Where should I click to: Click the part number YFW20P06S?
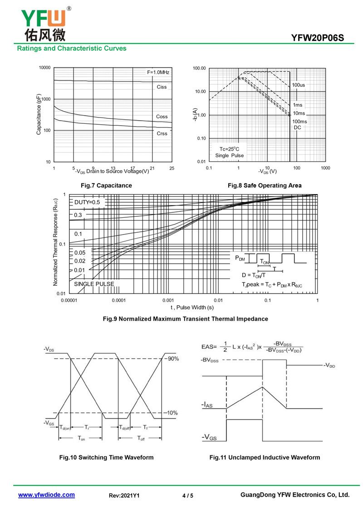pos(318,38)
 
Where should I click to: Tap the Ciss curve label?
pos(162,87)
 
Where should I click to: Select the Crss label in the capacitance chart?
pos(162,133)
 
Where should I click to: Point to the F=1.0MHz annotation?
pos(158,73)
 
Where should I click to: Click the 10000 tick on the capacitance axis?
pos(44,68)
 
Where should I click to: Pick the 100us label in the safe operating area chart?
pos(298,85)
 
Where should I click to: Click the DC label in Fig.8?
pos(297,127)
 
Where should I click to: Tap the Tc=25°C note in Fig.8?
pos(229,149)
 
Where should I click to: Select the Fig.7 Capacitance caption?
pos(106,186)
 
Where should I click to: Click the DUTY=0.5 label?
pos(87,202)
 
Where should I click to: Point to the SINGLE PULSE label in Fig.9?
pos(94,284)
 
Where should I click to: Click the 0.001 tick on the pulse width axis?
pos(168,300)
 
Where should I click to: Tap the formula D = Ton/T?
pos(254,275)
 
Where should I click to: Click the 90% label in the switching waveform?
pos(173,359)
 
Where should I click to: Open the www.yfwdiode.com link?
pos(46,495)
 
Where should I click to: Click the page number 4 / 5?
pos(188,496)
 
